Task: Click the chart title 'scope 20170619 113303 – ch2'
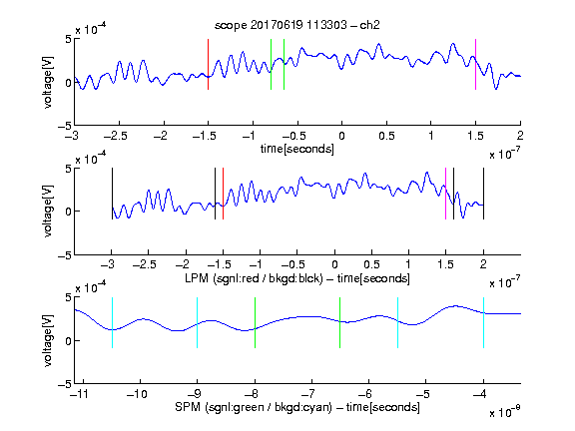click(297, 25)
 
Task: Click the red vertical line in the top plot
click(208, 64)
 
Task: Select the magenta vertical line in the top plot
click(475, 64)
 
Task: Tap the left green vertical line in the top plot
click(271, 64)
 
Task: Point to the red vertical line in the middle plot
click(223, 194)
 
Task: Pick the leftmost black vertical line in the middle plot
click(112, 194)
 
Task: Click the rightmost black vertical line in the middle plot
click(484, 194)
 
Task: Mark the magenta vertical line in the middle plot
click(445, 194)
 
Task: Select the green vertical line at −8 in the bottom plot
click(255, 322)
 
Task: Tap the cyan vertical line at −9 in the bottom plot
click(198, 322)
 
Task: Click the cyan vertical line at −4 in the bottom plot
click(484, 322)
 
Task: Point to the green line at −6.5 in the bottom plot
click(340, 322)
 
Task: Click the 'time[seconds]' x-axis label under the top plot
click(297, 149)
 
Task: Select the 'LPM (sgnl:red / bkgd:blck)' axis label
click(254, 278)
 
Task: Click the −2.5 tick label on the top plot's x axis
click(116, 137)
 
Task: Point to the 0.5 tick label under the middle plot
click(371, 264)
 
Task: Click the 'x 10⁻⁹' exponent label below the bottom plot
click(504, 412)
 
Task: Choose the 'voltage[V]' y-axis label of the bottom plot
click(48, 340)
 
